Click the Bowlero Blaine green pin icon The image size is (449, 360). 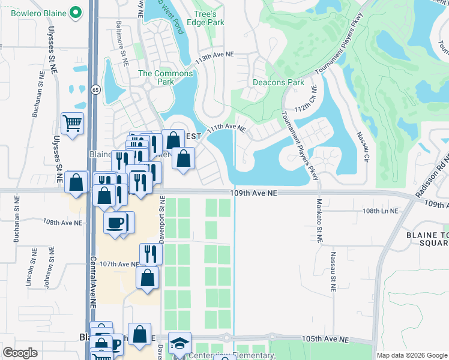(76, 11)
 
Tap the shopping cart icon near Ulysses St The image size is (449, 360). (72, 124)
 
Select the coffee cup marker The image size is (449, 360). (115, 223)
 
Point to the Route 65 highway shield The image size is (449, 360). (95, 89)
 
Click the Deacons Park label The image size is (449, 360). (278, 82)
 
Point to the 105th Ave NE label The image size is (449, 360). (325, 339)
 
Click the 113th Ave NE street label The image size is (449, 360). (214, 54)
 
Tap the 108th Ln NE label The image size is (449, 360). (381, 211)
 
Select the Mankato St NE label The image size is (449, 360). (320, 220)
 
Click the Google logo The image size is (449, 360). (20, 353)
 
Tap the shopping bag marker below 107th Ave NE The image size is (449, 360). (148, 278)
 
